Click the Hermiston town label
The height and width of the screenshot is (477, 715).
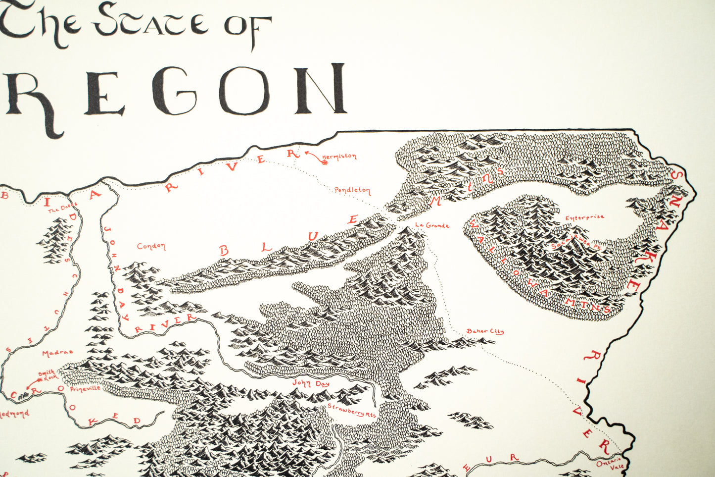(339, 157)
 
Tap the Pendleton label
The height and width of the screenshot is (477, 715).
(352, 190)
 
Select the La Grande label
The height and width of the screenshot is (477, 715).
(432, 225)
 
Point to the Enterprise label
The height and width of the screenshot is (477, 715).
(584, 217)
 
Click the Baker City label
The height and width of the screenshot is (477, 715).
(484, 331)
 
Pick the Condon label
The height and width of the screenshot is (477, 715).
(151, 246)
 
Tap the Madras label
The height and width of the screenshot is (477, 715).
(57, 353)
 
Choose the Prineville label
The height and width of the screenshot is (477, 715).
(85, 389)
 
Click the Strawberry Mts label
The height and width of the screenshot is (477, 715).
(352, 412)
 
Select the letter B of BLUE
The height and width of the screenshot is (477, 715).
(224, 251)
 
